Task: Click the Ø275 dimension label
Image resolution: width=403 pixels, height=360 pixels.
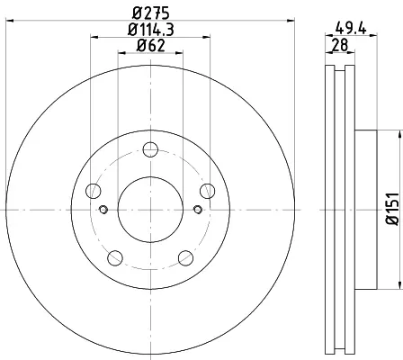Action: coord(151,13)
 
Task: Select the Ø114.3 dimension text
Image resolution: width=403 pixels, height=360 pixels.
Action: coord(151,30)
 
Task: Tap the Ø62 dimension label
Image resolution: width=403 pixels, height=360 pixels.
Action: coord(151,46)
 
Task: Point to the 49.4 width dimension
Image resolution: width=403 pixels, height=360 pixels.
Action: coord(351,29)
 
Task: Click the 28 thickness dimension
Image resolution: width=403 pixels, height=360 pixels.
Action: coord(340,45)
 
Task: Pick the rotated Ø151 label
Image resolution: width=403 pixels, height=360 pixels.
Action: coord(393,209)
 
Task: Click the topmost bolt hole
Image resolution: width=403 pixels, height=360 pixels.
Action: coord(150,149)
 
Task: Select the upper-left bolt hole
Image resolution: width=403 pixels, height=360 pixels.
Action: coord(94,191)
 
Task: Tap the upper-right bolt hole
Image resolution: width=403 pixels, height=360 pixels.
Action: coord(208,191)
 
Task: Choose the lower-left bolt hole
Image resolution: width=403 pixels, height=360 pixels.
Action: coord(115,257)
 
